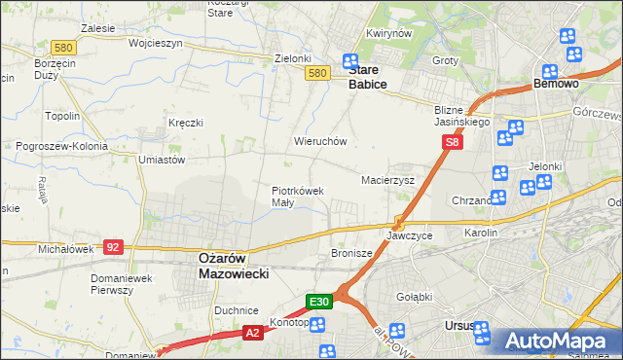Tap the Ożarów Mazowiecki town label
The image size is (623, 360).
coord(233,267)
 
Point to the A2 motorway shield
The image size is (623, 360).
coord(251,333)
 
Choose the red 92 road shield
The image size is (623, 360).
coord(114,247)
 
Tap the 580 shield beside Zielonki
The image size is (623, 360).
coord(315,73)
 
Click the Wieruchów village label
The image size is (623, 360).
coord(320,141)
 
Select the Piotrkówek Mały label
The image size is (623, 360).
coord(297,197)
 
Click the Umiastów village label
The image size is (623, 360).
coord(162,160)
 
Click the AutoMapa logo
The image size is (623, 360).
coord(556,342)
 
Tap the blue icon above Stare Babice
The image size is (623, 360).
coord(350,61)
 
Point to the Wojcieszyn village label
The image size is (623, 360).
coord(128,44)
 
